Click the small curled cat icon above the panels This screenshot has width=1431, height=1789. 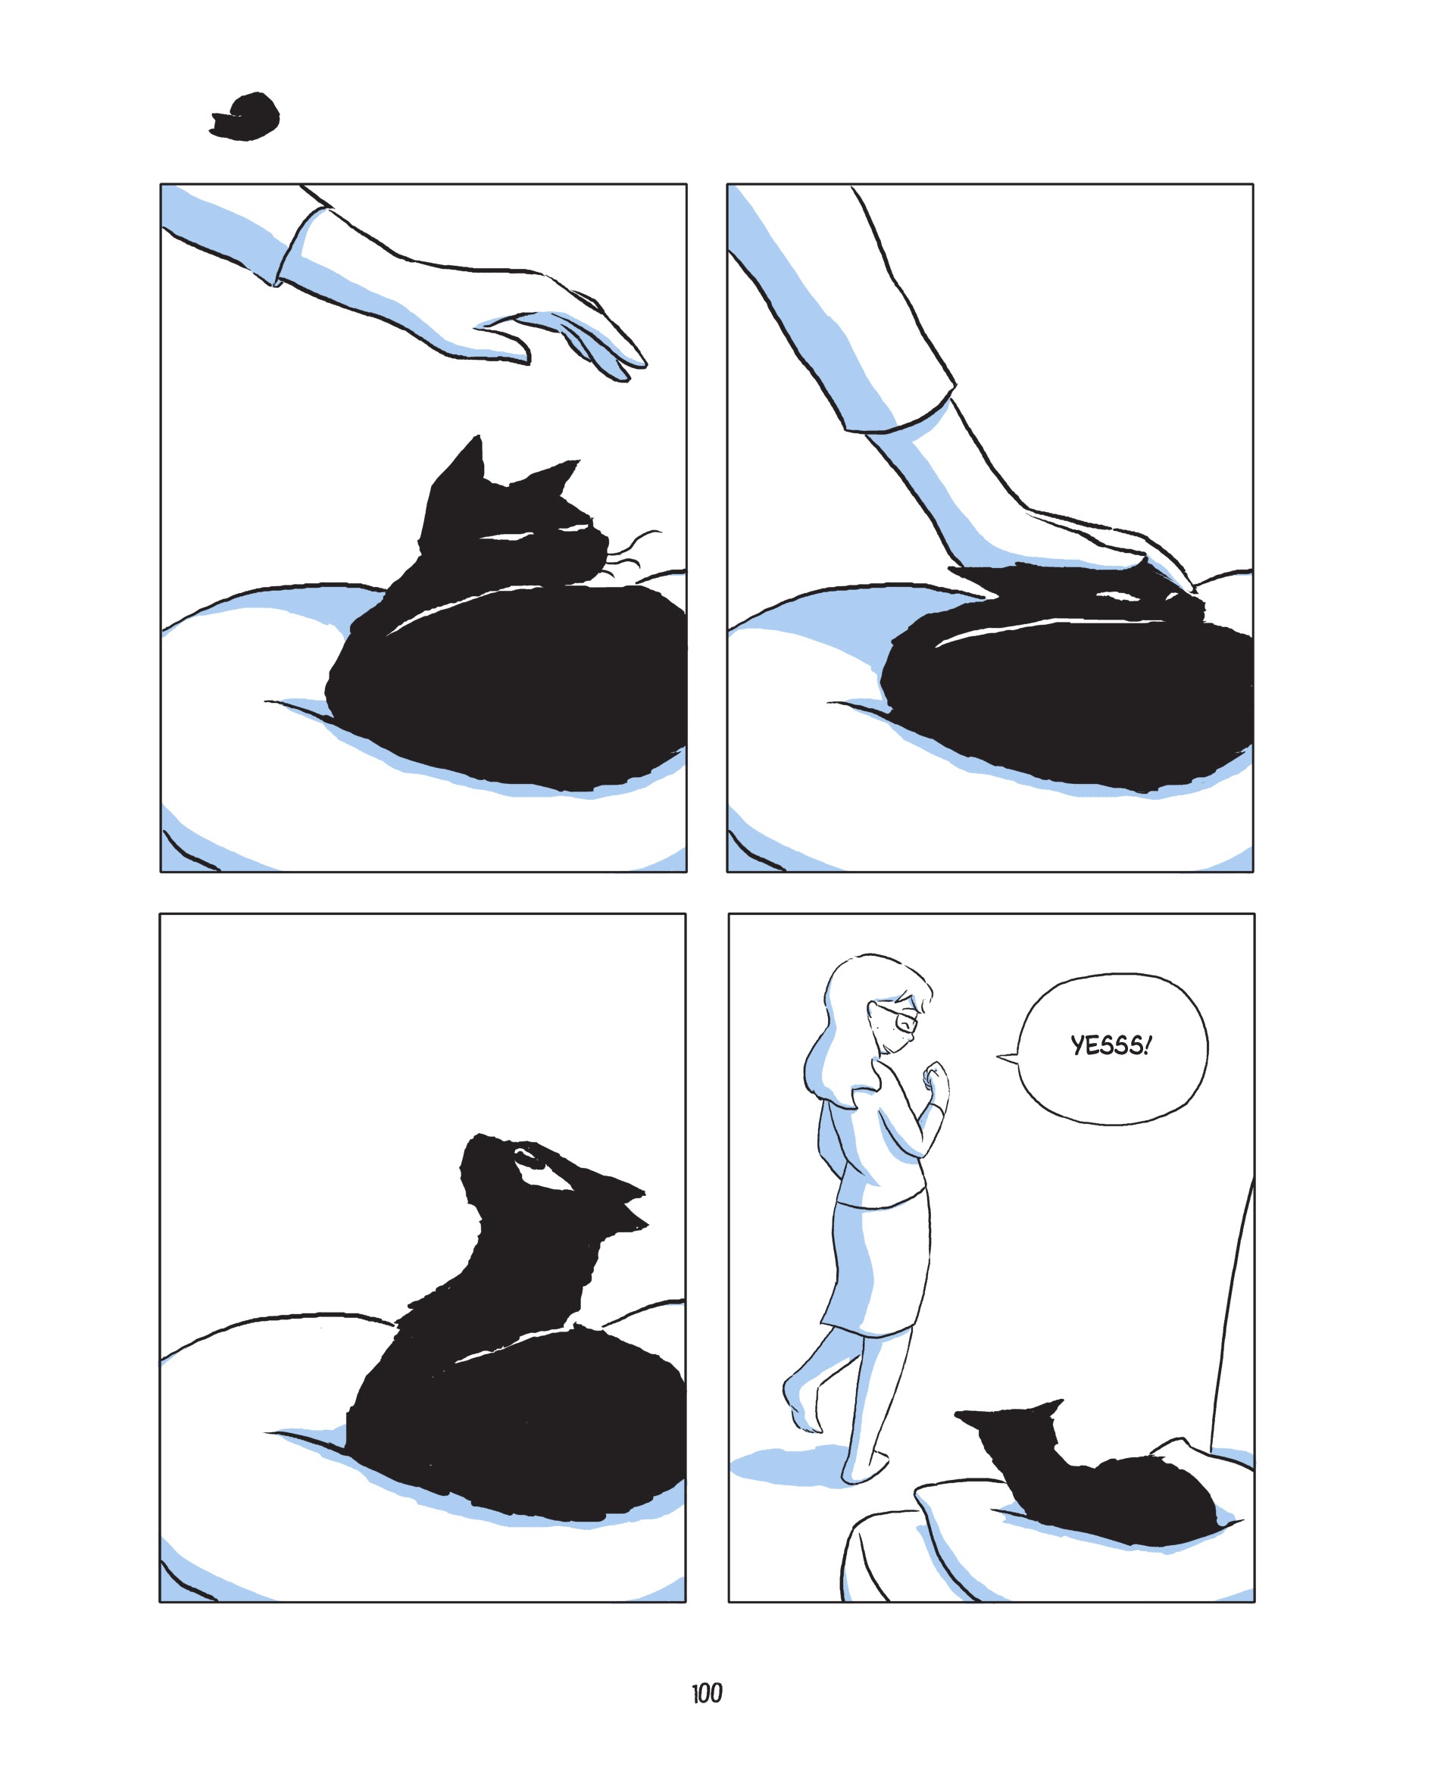point(246,117)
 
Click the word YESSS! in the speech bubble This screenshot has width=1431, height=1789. point(1111,1045)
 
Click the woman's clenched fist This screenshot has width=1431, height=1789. point(936,1078)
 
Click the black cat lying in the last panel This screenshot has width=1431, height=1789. point(1112,1485)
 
